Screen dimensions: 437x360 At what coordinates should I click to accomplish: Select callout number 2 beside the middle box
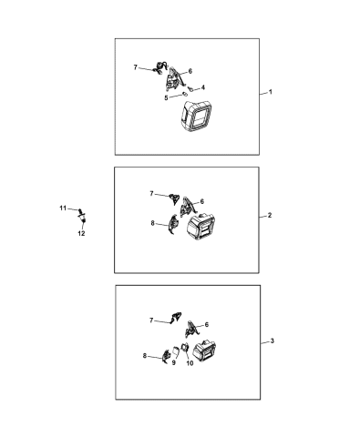point(270,216)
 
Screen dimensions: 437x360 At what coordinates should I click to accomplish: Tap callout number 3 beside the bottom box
point(271,340)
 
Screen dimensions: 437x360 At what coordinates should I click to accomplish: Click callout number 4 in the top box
point(202,87)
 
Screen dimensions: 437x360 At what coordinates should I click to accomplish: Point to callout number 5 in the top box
point(167,97)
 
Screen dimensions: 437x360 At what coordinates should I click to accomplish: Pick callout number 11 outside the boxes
point(63,210)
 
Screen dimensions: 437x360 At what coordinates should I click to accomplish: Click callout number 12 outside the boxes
point(81,233)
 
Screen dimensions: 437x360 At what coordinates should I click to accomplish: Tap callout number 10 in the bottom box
point(190,363)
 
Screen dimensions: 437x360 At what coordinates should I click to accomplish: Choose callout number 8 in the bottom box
point(144,357)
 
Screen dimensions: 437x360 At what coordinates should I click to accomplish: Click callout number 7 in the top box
point(135,67)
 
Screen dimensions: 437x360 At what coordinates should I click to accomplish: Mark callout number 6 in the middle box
point(201,201)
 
